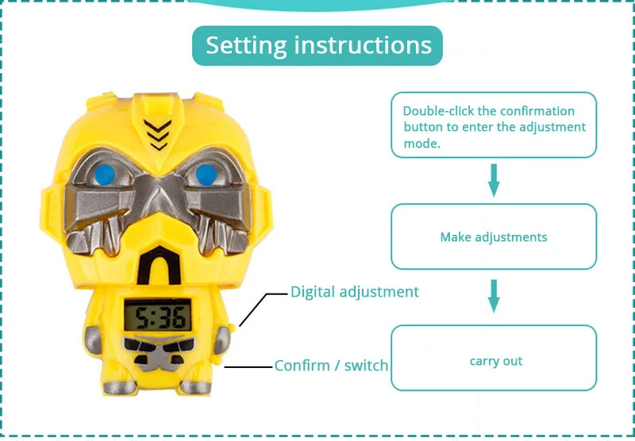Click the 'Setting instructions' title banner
[x=317, y=45]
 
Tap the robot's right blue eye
[x=206, y=173]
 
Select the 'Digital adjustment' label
[x=354, y=292]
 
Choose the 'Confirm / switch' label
[x=332, y=366]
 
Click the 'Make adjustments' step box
[x=493, y=236]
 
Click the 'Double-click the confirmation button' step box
[x=493, y=125]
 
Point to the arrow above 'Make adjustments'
[x=493, y=179]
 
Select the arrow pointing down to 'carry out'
[x=493, y=295]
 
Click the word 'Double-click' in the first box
[x=433, y=111]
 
